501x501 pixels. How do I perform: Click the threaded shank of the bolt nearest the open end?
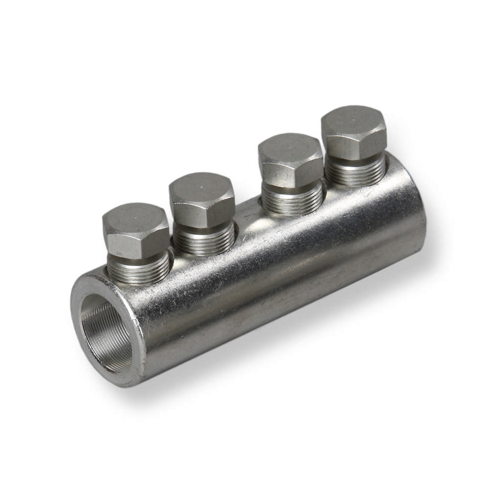(138, 271)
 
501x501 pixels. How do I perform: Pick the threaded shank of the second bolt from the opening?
(204, 240)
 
